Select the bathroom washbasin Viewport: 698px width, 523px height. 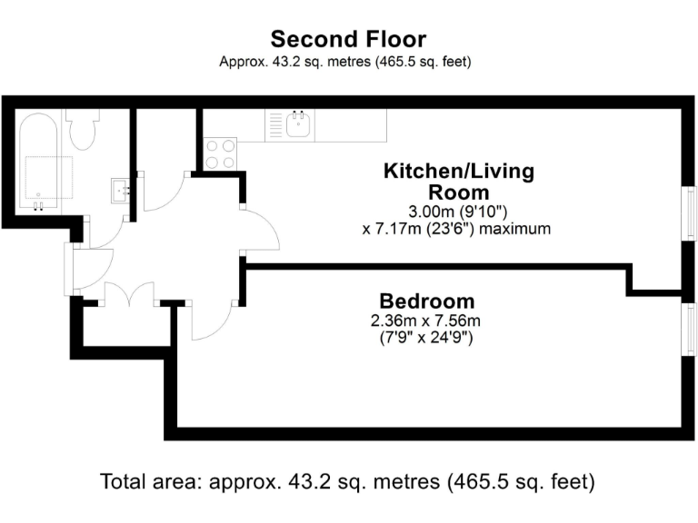(x=121, y=189)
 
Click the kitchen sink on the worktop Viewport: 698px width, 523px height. (x=298, y=124)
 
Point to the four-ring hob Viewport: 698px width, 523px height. (x=220, y=153)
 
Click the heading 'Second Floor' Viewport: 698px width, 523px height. (x=348, y=39)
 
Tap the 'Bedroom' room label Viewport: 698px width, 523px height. (x=426, y=301)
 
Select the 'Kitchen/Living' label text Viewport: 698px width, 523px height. (x=459, y=171)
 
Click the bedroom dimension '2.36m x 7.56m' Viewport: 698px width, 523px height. (x=425, y=321)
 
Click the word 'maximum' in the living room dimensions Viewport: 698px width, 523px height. (x=515, y=229)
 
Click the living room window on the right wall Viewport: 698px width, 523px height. (x=691, y=218)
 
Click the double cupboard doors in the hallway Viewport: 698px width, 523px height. (x=128, y=296)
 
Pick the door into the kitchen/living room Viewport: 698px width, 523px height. (x=262, y=229)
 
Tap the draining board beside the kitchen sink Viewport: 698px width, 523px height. (x=274, y=125)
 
